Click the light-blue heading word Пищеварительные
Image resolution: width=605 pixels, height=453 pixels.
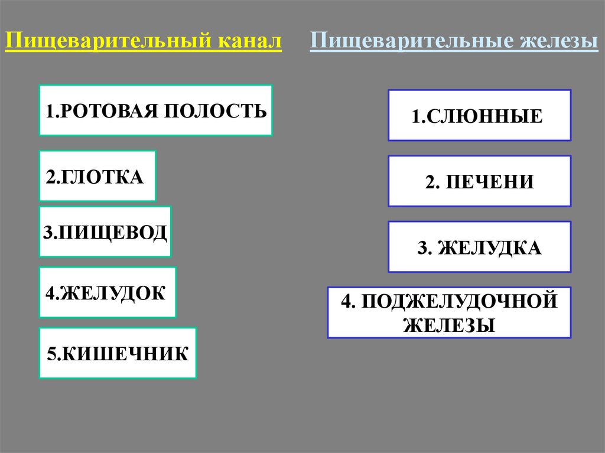click(411, 43)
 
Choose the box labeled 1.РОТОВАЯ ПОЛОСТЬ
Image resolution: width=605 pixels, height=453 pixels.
click(156, 110)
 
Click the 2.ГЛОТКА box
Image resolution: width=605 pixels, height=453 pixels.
click(97, 176)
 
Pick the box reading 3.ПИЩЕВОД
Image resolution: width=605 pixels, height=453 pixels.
click(105, 232)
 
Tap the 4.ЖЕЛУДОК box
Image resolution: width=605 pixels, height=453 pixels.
click(108, 293)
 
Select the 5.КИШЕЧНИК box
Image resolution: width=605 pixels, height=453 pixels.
click(118, 353)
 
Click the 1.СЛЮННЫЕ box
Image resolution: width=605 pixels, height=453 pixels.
click(479, 115)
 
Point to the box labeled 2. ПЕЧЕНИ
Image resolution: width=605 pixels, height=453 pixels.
click(479, 181)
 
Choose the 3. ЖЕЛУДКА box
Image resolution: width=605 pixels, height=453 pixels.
click(479, 247)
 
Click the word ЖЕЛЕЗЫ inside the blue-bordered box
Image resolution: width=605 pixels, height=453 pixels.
click(449, 325)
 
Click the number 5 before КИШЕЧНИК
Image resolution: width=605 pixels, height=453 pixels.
click(51, 354)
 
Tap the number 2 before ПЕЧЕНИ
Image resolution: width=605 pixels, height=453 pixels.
click(429, 181)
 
